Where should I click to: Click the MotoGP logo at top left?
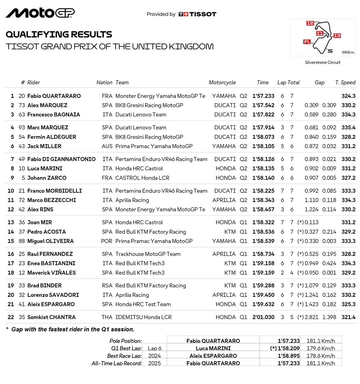pyautogui.click(x=40, y=13)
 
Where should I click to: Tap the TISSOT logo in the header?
pyautogui.click(x=197, y=14)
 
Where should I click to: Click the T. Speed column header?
pyautogui.click(x=345, y=82)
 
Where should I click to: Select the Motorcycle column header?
pyautogui.click(x=222, y=82)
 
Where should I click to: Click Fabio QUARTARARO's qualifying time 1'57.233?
pyautogui.click(x=263, y=96)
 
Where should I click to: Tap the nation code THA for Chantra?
pyautogui.click(x=107, y=317)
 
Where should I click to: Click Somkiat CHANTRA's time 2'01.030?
pyautogui.click(x=263, y=317)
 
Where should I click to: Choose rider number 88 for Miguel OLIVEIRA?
pyautogui.click(x=22, y=241)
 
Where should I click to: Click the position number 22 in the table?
pyautogui.click(x=11, y=317)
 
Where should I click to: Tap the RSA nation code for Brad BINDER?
pyautogui.click(x=107, y=286)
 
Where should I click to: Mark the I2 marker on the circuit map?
pyautogui.click(x=310, y=24)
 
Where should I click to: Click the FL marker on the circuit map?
pyautogui.click(x=307, y=41)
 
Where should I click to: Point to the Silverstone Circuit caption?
pyautogui.click(x=322, y=62)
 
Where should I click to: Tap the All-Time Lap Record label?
pyautogui.click(x=116, y=363)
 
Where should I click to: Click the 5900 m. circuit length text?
pyautogui.click(x=348, y=52)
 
